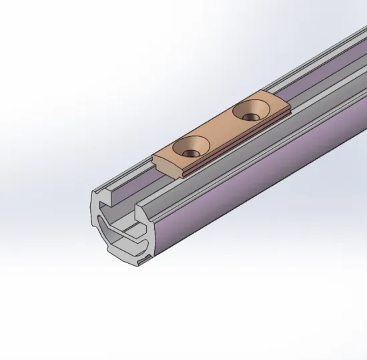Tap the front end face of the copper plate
[x=171, y=168]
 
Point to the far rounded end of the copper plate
[x=280, y=102]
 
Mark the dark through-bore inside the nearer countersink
[x=191, y=147]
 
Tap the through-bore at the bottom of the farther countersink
[x=250, y=116]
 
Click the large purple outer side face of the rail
[x=267, y=194]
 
